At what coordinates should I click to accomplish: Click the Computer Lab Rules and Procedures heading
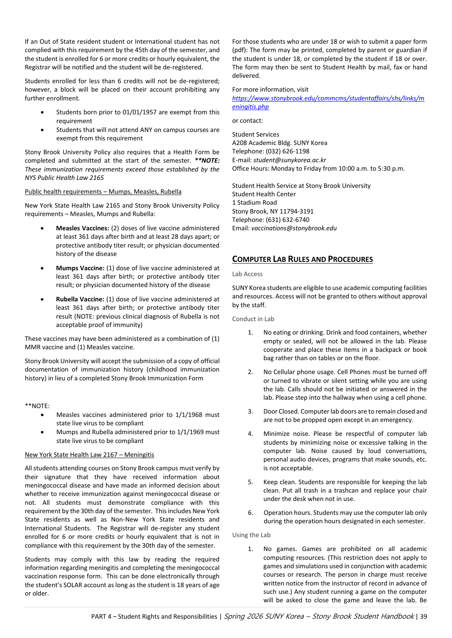pos(302,259)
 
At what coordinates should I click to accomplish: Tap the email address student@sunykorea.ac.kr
pos(289,160)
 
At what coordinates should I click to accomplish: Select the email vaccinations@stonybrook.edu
pos(294,228)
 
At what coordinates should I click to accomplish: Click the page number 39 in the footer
pos(423,617)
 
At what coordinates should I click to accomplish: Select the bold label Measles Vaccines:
pos(82,228)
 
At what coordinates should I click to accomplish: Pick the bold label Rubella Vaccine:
pos(80,299)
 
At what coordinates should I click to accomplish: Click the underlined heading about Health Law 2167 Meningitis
pos(89,455)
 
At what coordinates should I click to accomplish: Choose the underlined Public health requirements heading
pos(103,192)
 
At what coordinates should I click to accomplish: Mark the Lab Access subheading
pos(247,274)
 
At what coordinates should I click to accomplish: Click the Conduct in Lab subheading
pos(253,319)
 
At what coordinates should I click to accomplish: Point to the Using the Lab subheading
pos(251,535)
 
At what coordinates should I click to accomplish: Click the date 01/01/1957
pos(139,112)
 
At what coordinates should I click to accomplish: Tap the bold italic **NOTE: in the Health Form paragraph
pos(207,161)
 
